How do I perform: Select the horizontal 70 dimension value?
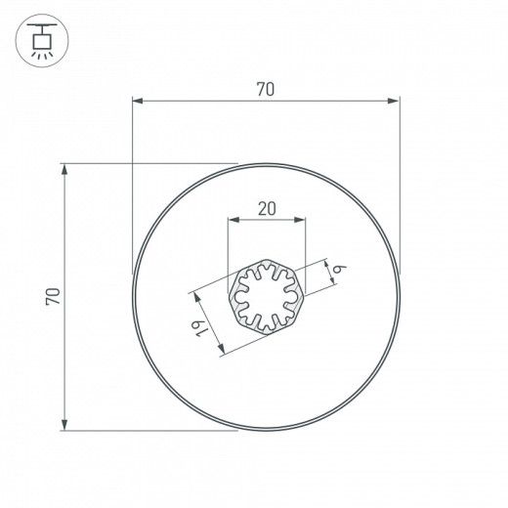click(x=265, y=89)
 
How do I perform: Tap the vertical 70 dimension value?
click(x=54, y=296)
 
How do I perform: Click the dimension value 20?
click(x=266, y=208)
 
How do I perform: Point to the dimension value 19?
click(x=199, y=329)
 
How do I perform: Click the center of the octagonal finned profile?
click(x=266, y=296)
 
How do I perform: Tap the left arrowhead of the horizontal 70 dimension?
click(x=137, y=100)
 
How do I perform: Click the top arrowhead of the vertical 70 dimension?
click(x=65, y=169)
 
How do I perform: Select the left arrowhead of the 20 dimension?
click(x=232, y=220)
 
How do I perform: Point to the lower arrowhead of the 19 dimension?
click(x=223, y=351)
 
